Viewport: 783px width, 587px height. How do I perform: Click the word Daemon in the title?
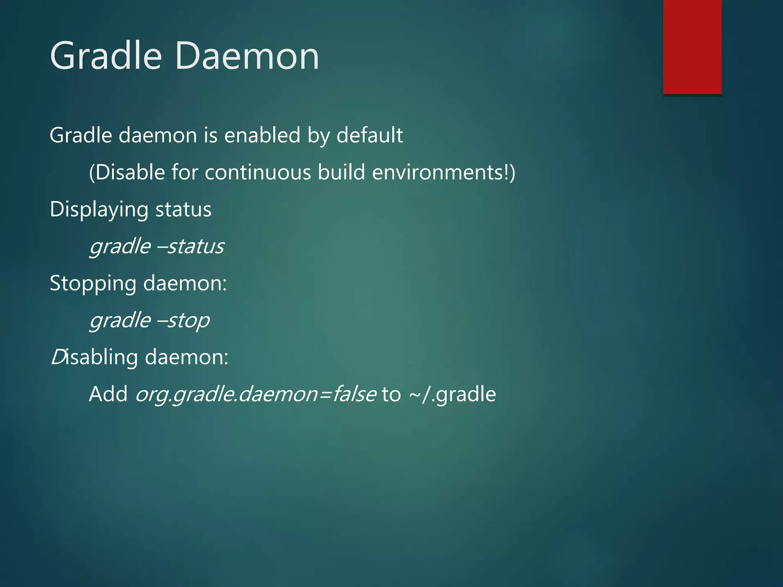pyautogui.click(x=247, y=56)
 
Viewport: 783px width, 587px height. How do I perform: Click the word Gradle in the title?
pyautogui.click(x=106, y=56)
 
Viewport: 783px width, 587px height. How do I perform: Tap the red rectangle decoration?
pyautogui.click(x=692, y=47)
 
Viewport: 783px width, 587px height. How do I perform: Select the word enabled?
pyautogui.click(x=262, y=135)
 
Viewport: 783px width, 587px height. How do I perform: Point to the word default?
pyautogui.click(x=369, y=135)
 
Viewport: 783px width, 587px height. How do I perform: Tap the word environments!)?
pyautogui.click(x=443, y=172)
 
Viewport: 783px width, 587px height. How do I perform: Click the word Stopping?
pyautogui.click(x=93, y=284)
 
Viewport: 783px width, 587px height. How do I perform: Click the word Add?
pyautogui.click(x=108, y=394)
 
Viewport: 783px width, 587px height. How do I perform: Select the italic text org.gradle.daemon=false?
pyautogui.click(x=255, y=395)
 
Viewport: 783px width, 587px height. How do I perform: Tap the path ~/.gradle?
pyautogui.click(x=452, y=395)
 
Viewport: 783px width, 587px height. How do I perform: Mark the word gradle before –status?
pyautogui.click(x=120, y=246)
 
